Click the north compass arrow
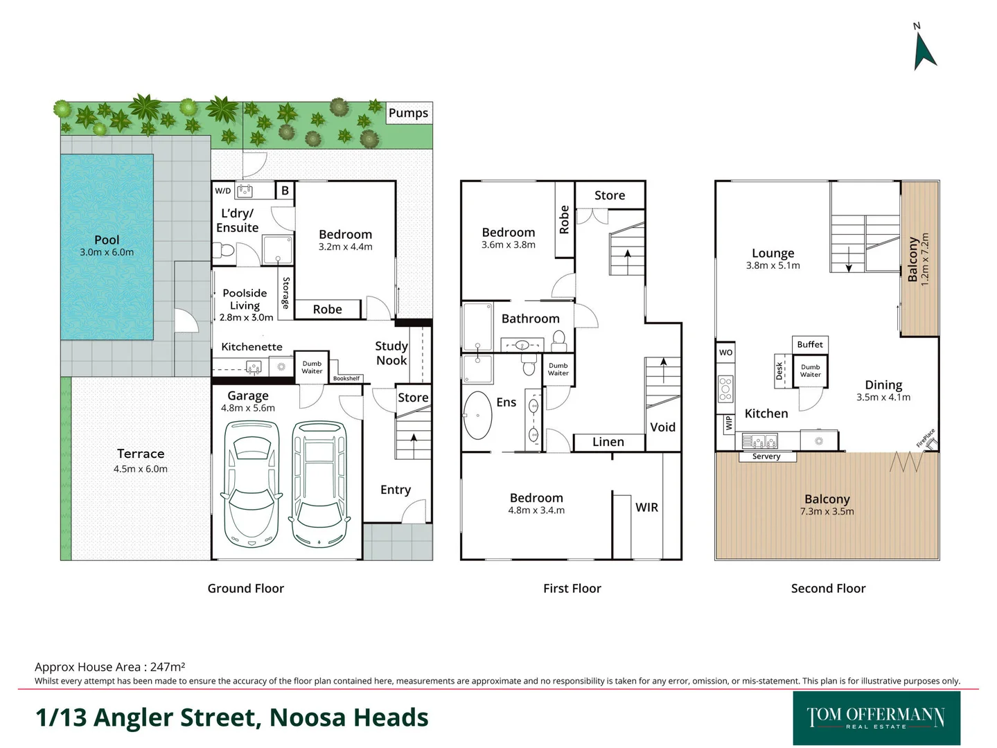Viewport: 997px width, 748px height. (x=924, y=51)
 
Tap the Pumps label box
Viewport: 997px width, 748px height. (x=408, y=113)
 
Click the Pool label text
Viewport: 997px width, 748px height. (x=107, y=240)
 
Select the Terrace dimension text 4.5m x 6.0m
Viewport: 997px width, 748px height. (x=141, y=469)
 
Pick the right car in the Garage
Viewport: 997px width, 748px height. (x=319, y=483)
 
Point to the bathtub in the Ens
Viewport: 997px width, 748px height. (x=477, y=416)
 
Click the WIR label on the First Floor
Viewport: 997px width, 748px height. (x=646, y=507)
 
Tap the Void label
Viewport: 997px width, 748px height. (x=662, y=427)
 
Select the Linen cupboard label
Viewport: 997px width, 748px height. (x=608, y=442)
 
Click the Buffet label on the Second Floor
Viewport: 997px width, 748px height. (x=810, y=344)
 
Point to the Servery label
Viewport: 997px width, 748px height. (x=766, y=456)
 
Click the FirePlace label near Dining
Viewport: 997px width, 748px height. (x=926, y=438)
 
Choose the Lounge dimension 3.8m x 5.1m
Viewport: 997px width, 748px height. (x=773, y=265)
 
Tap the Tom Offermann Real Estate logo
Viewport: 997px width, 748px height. (x=876, y=718)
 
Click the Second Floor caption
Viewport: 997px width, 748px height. (x=828, y=588)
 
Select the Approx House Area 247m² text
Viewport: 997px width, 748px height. (x=109, y=667)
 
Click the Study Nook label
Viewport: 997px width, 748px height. (x=391, y=353)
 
